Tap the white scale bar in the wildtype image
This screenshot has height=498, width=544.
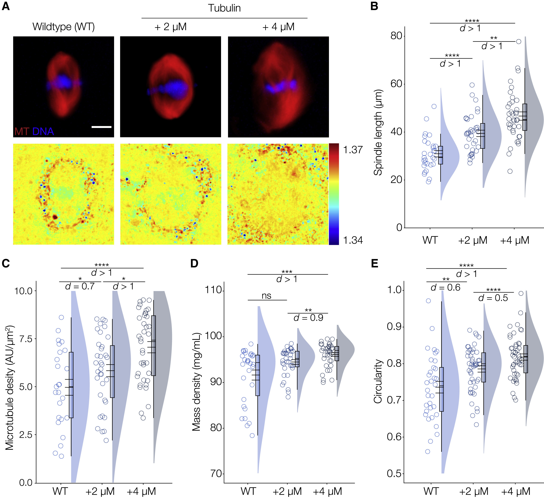[x=102, y=127]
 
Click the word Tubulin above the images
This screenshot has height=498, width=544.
[x=224, y=8]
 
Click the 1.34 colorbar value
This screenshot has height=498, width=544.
[x=353, y=240]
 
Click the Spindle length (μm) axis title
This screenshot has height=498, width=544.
[x=378, y=132]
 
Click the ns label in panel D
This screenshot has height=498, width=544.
[x=266, y=296]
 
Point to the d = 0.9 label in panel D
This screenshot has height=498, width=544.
[x=308, y=318]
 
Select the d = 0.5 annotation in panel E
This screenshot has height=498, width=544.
[x=493, y=298]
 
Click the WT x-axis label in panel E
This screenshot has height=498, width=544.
[x=431, y=491]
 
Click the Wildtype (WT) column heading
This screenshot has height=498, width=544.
[x=64, y=27]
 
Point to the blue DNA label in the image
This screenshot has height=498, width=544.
[x=43, y=132]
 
